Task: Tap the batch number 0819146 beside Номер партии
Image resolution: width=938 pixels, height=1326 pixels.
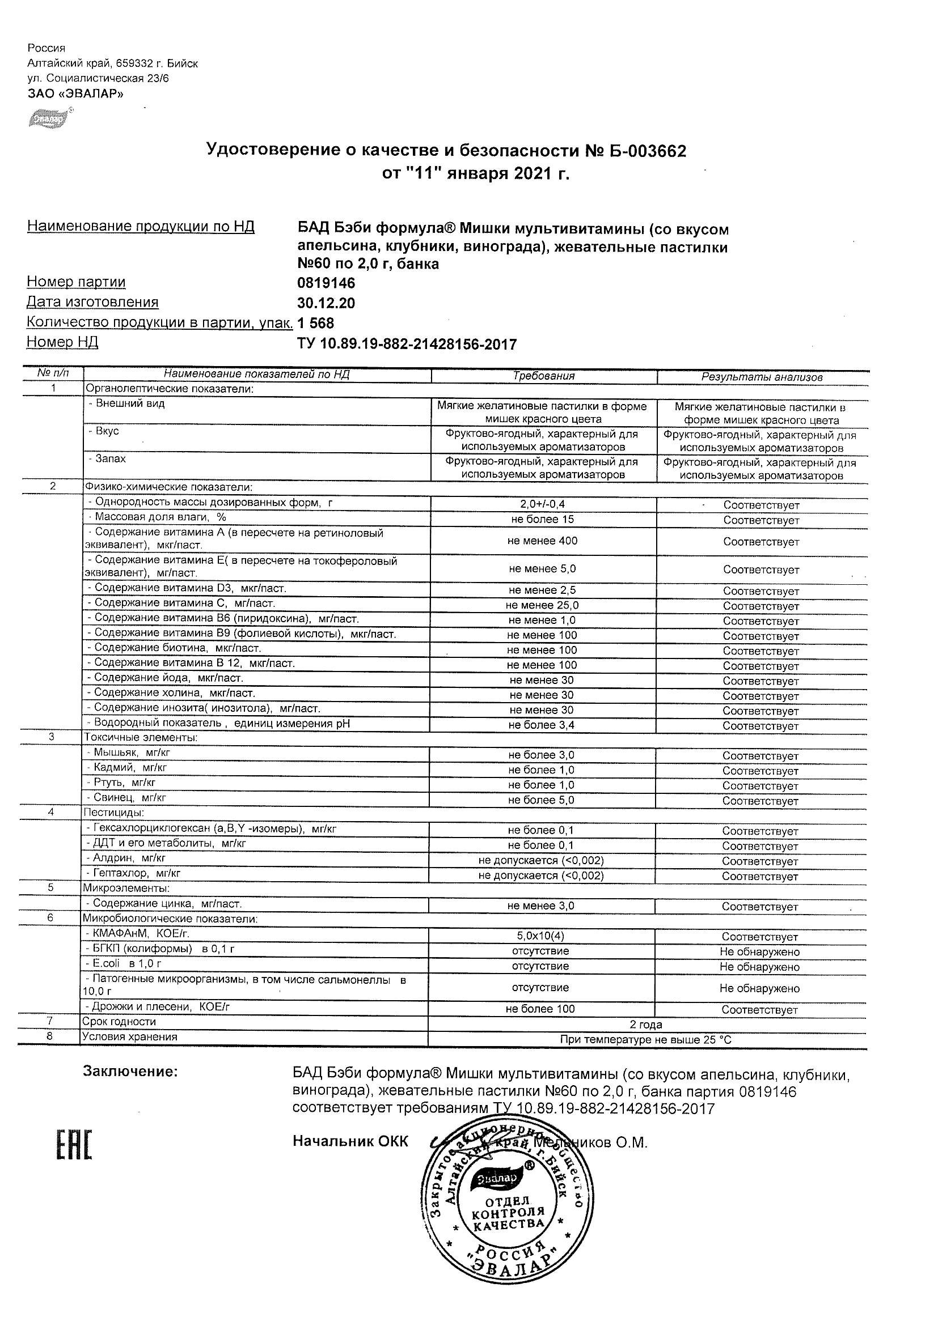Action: pyautogui.click(x=326, y=283)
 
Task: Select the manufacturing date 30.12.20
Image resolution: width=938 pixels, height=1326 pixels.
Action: pyautogui.click(x=326, y=303)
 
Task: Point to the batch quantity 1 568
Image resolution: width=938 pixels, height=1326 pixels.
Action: pyautogui.click(x=315, y=323)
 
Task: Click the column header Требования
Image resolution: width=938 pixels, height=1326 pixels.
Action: pyautogui.click(x=544, y=376)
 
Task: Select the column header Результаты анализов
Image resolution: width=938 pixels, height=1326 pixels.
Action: pyautogui.click(x=762, y=377)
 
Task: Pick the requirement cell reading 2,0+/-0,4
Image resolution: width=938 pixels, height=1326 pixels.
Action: pyautogui.click(x=543, y=504)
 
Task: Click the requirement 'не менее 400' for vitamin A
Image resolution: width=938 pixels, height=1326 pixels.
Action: pyautogui.click(x=543, y=541)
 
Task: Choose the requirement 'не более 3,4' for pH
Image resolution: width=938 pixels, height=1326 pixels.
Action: pyautogui.click(x=542, y=725)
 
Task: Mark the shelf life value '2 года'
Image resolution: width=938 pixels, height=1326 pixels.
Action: pyautogui.click(x=645, y=1025)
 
